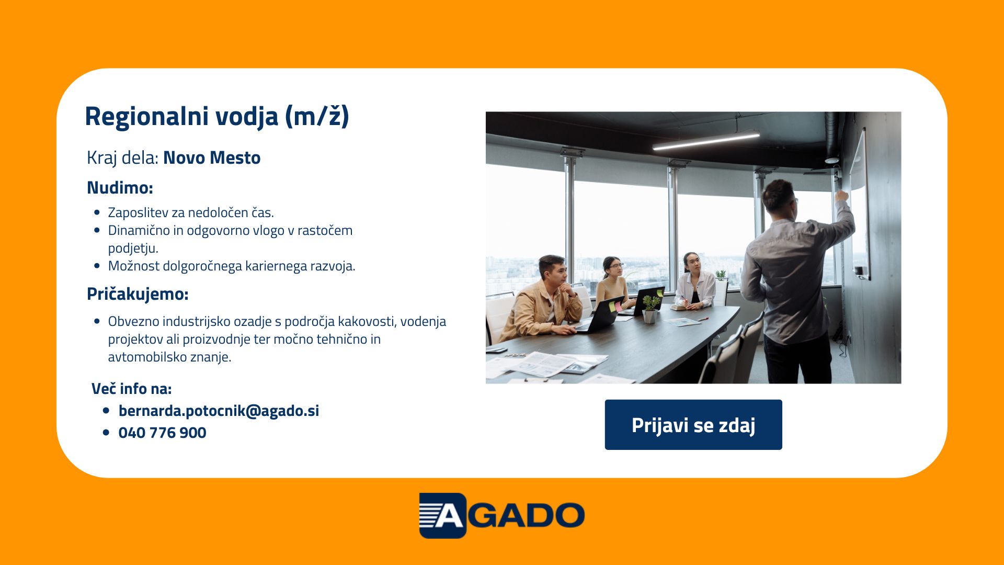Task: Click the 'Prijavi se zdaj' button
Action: (x=693, y=425)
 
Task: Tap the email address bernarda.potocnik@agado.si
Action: (x=219, y=411)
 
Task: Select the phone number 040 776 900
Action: (x=162, y=433)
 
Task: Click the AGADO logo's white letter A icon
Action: (x=449, y=516)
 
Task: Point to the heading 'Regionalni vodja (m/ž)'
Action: (x=217, y=116)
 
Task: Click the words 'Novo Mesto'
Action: (x=212, y=157)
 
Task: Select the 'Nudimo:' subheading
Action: (x=120, y=187)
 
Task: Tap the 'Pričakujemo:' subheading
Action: (x=138, y=294)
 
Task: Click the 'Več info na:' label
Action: (x=131, y=389)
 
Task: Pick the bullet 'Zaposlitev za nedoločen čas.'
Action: (x=191, y=212)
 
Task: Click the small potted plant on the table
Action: (x=651, y=309)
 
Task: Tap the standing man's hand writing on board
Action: (x=841, y=196)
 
